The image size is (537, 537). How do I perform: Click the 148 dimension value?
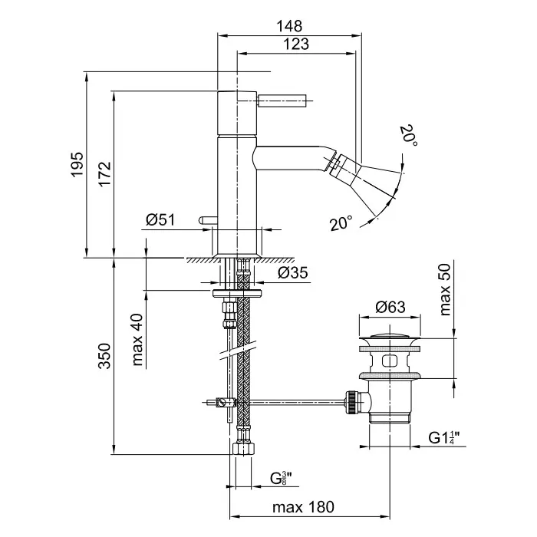290,25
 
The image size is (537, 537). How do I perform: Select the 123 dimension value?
296,44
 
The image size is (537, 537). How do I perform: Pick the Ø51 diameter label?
160,220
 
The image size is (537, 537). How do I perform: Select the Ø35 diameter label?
293,272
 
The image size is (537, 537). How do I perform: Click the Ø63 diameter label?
390,308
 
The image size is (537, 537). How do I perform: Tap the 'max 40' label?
138,338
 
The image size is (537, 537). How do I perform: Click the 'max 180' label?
305,507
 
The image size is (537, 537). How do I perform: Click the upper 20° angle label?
409,136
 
